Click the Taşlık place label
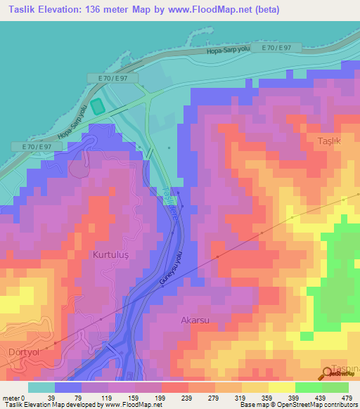click(x=329, y=141)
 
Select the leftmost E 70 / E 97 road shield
click(x=37, y=146)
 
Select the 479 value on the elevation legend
click(x=345, y=397)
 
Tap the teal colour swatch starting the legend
click(x=41, y=387)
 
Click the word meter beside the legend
click(x=11, y=397)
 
